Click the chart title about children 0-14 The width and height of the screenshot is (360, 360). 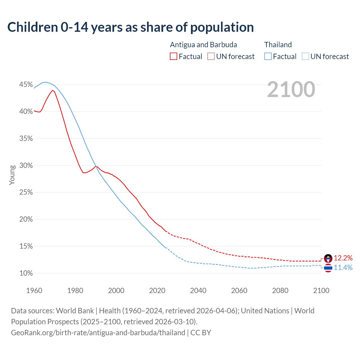point(130,27)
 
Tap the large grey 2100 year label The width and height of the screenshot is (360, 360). point(291,89)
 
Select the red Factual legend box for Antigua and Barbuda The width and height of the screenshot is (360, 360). point(174,57)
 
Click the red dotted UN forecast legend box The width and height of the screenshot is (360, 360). point(211,57)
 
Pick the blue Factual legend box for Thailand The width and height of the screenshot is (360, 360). point(268,57)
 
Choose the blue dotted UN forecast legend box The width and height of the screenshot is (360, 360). point(305,57)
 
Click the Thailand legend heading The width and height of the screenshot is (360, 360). point(278,45)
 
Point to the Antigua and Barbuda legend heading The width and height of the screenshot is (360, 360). point(203,45)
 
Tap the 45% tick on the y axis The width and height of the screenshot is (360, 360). point(26,85)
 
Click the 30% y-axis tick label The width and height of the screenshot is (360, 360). point(26,165)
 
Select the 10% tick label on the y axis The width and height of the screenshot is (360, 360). point(26,273)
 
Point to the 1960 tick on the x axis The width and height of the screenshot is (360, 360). point(34,291)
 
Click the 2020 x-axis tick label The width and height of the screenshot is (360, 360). point(157,291)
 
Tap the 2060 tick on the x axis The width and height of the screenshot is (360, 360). point(239,291)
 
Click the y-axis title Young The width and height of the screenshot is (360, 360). point(12,175)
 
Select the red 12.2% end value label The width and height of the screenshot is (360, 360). point(343,258)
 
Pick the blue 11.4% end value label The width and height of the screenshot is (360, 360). point(343,267)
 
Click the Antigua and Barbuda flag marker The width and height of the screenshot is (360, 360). point(328,258)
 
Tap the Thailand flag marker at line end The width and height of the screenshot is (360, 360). point(328,268)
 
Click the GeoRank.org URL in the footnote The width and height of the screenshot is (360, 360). point(98,333)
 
